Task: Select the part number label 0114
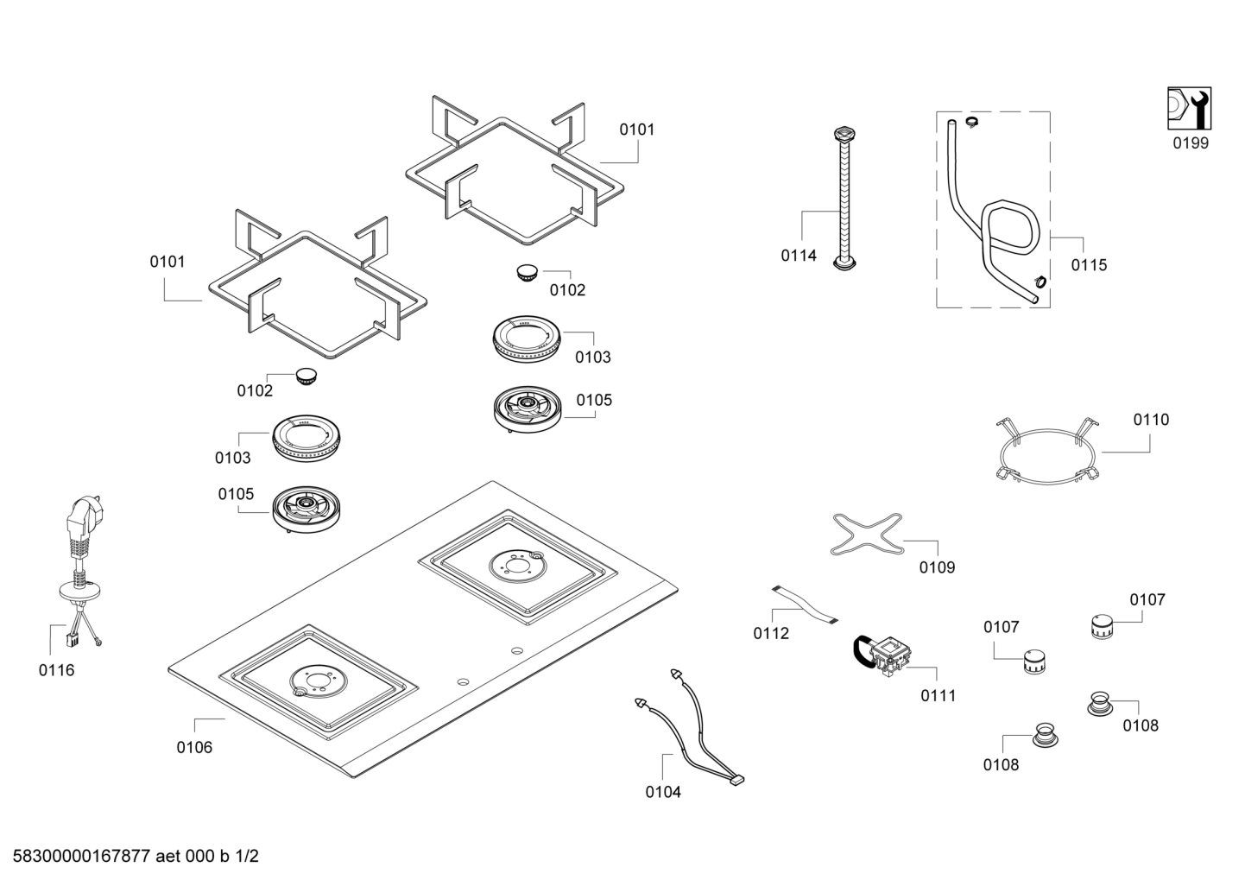click(799, 255)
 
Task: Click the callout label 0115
click(1089, 265)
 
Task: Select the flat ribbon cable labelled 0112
click(805, 605)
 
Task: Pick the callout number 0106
click(194, 747)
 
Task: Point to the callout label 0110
click(1151, 420)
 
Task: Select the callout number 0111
click(938, 695)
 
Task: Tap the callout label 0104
click(663, 791)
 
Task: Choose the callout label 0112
click(771, 633)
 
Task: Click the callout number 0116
click(56, 669)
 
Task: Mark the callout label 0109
click(937, 567)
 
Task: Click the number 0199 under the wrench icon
click(1191, 143)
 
